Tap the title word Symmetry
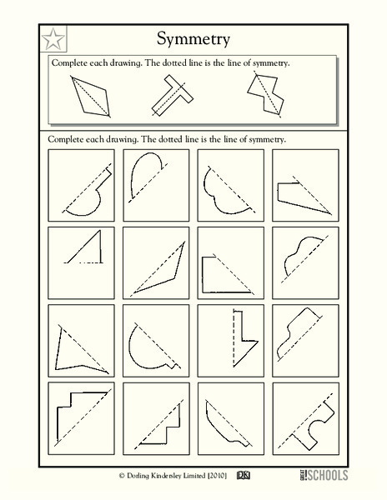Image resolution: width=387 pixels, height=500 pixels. pos(193,38)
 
